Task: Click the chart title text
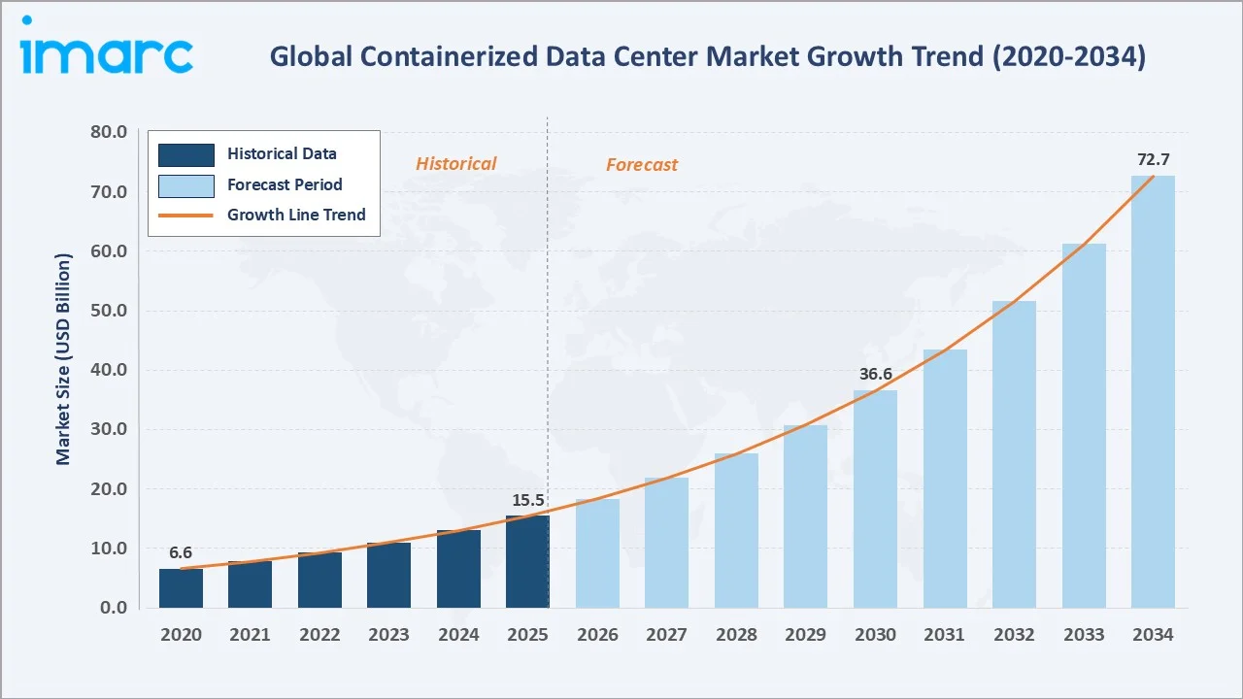(707, 57)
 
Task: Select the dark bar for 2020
(181, 588)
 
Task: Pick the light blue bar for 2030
(875, 499)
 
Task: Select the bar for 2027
(666, 543)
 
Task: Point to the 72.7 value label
(1153, 158)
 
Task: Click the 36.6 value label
(875, 374)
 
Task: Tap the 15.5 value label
(528, 499)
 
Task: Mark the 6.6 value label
(181, 552)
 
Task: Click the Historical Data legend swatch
(185, 154)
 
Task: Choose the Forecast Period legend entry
(285, 184)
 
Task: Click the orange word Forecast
(642, 165)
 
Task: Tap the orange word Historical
(455, 164)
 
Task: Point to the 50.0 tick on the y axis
(108, 311)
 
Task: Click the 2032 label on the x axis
(1014, 635)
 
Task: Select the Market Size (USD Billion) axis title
(64, 359)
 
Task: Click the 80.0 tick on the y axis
(108, 132)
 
